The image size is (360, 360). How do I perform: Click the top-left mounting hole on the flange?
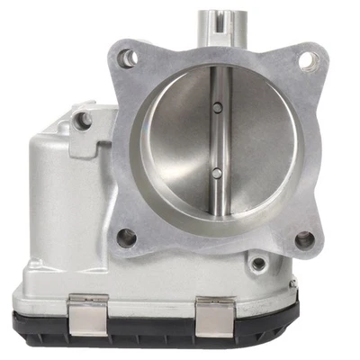pos(130,58)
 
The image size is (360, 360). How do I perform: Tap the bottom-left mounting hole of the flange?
pos(127,238)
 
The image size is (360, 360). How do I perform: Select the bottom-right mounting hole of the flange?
pos(306,239)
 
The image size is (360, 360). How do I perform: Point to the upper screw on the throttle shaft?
pos(218,108)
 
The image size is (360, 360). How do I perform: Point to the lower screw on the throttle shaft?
pos(217,172)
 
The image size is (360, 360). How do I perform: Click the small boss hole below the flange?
pos(259,263)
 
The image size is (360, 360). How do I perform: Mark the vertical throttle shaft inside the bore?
pos(217,139)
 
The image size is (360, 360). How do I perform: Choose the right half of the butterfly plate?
pos(256,144)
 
